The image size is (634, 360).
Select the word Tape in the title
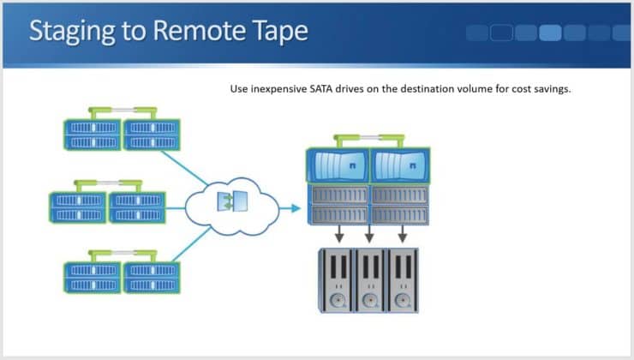[x=273, y=32]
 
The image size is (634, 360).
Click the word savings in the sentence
[x=550, y=88]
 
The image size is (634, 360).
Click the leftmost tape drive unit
[x=338, y=279]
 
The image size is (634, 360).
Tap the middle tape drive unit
[x=370, y=279]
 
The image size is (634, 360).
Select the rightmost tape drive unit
[x=402, y=279]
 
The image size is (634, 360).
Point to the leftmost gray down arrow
[x=340, y=234]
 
